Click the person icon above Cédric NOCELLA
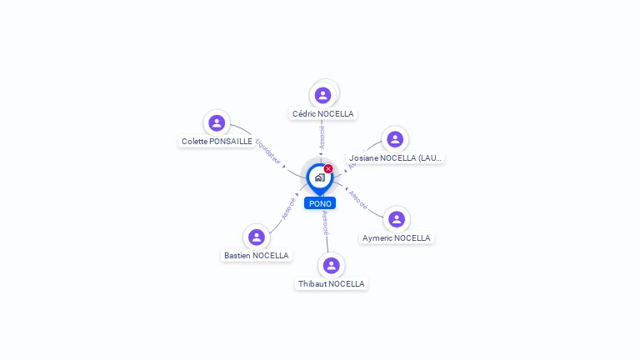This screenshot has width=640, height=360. point(323,95)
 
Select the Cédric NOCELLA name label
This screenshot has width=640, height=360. point(322,113)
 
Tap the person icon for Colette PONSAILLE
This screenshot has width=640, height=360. point(217,123)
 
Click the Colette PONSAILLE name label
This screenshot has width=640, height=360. point(217,142)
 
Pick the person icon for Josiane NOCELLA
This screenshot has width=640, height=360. point(395,139)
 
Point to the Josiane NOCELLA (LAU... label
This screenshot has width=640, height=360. point(396,157)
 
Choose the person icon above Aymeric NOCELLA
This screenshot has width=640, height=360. point(397,219)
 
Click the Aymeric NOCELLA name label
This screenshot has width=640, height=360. point(397,237)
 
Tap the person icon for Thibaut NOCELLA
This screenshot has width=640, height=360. point(332,265)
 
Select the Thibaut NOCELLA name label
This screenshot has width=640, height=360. point(332,283)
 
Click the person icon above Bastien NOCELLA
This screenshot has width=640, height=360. point(257,237)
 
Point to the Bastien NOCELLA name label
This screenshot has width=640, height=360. point(257,255)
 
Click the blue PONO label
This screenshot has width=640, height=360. point(320,203)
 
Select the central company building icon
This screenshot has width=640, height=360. point(319,177)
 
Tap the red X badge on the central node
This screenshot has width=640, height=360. point(328,168)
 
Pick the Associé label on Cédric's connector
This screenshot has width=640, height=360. point(322,137)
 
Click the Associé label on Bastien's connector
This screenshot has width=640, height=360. point(288,208)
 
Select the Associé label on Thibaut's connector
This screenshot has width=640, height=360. point(325,222)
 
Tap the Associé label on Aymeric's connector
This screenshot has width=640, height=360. point(357,200)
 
